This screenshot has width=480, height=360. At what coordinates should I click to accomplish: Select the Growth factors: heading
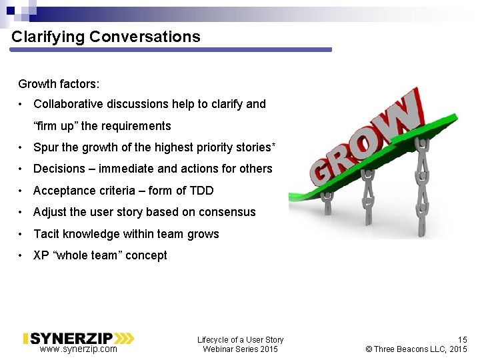click(59, 84)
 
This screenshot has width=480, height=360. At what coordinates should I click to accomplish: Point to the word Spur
click(45, 147)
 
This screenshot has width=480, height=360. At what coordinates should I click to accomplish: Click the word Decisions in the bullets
click(59, 169)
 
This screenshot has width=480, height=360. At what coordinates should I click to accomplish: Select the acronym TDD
click(201, 191)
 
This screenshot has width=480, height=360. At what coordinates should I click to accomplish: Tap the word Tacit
click(47, 234)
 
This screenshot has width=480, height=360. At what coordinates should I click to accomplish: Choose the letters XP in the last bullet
click(41, 255)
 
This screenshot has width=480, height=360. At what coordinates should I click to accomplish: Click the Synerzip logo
click(79, 338)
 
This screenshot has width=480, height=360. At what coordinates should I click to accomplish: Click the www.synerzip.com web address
click(78, 349)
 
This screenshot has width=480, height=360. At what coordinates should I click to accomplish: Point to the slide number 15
click(462, 339)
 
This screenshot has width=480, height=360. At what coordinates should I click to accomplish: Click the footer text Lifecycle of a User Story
click(240, 339)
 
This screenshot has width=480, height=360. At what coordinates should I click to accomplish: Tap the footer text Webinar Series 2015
click(240, 349)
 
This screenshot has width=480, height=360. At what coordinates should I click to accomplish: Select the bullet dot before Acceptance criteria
click(23, 191)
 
